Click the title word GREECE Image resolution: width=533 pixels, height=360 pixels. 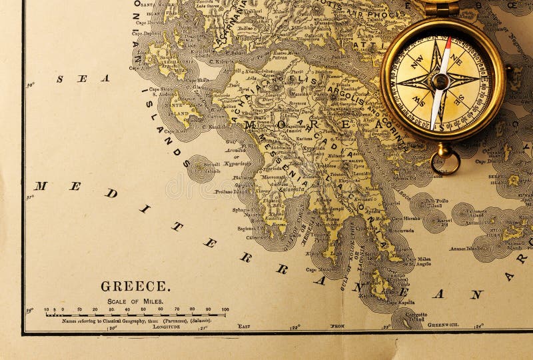[x=135, y=287]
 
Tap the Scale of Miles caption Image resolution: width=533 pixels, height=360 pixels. [x=136, y=301]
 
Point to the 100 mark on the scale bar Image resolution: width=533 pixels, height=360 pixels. [x=225, y=309]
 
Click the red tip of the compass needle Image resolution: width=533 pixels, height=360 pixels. [x=448, y=43]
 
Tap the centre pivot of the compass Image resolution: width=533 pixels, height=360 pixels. [x=440, y=81]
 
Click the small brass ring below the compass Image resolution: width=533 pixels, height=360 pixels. [x=445, y=159]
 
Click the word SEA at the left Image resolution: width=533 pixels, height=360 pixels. [x=83, y=79]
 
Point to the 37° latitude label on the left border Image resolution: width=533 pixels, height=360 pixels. [x=30, y=197]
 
